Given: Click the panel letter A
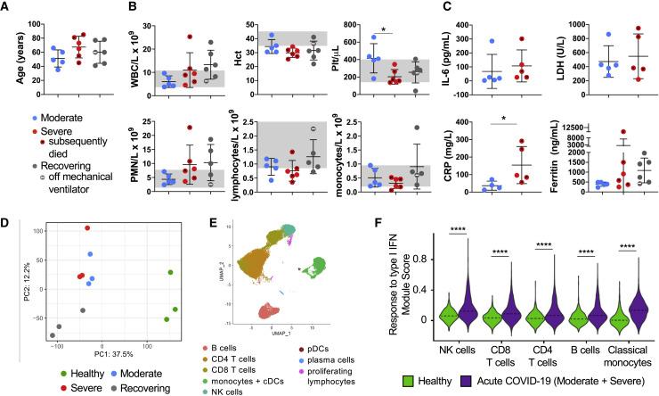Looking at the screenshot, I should [x=7, y=8].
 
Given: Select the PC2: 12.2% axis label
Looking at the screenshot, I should [x=11, y=285].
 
